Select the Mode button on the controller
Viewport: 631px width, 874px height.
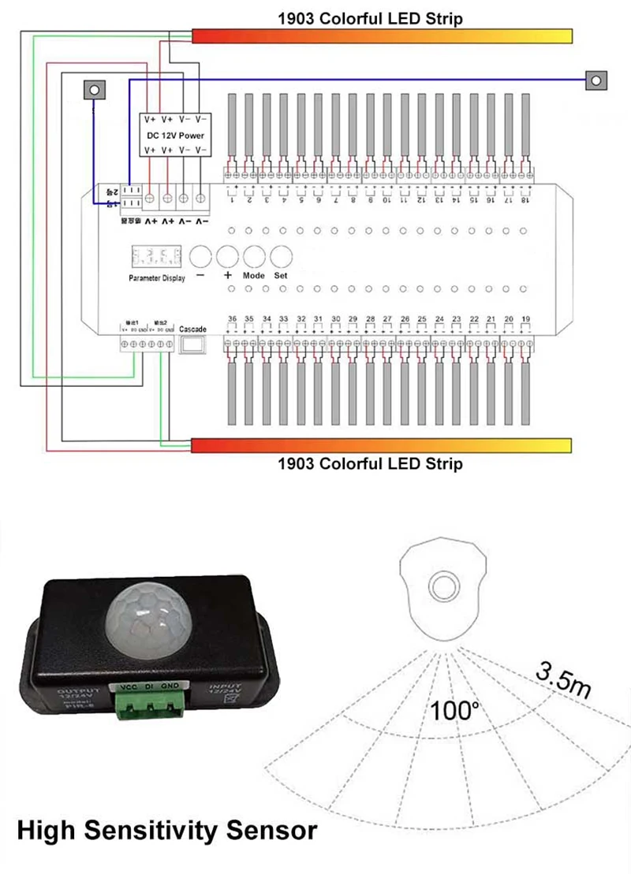point(254,256)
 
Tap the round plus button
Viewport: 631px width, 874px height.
point(227,256)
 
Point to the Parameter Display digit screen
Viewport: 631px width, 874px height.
point(155,257)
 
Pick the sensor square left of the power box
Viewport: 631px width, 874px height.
point(94,89)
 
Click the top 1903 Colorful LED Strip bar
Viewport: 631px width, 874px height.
point(382,36)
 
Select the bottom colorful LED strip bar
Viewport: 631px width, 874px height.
point(382,445)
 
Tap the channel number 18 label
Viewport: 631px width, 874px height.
point(525,201)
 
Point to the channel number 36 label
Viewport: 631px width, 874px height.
point(232,318)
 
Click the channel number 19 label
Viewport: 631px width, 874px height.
point(526,318)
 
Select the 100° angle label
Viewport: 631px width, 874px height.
point(455,711)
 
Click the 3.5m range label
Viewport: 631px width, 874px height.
point(563,679)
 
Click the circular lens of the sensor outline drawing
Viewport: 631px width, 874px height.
point(445,586)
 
